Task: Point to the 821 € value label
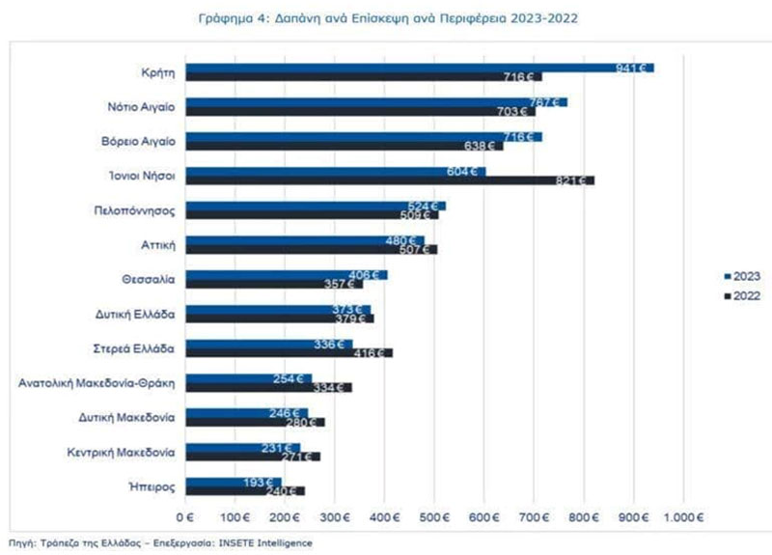(575, 180)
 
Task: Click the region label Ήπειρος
(153, 486)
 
